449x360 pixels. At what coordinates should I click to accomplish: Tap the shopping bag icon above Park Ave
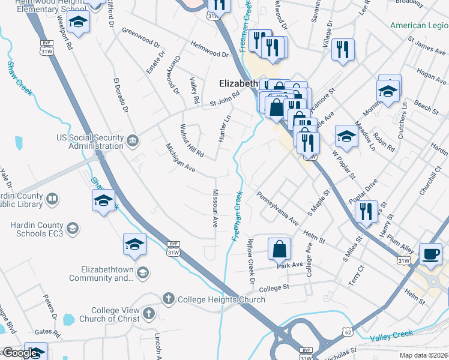[279, 249]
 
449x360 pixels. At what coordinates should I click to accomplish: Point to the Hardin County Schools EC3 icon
[72, 227]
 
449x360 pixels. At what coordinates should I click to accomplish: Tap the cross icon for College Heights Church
[169, 298]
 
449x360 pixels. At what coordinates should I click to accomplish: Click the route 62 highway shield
[346, 331]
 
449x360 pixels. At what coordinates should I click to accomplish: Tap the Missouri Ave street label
[214, 208]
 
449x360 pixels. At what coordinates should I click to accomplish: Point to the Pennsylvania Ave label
[277, 208]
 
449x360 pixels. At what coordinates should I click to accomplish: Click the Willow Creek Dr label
[250, 263]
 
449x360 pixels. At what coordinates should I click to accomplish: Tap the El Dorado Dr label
[121, 94]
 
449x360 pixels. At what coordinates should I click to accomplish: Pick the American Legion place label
[419, 25]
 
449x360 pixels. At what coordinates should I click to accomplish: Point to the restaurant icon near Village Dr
[342, 50]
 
